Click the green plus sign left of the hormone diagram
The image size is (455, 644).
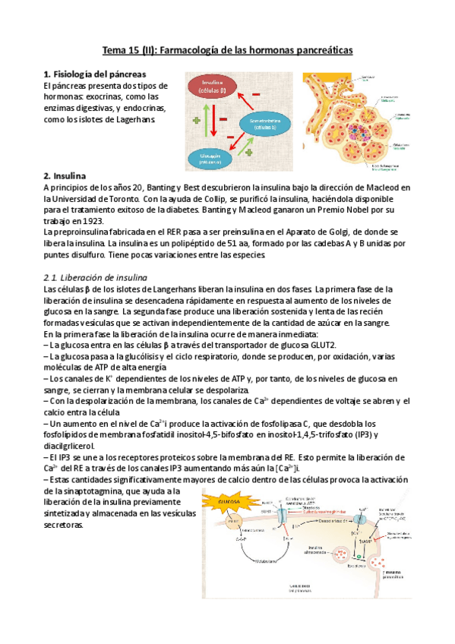click(196, 120)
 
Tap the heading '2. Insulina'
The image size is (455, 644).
click(65, 175)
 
